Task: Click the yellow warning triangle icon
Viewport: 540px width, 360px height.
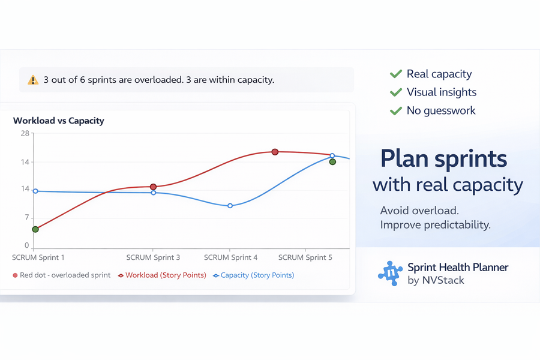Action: point(32,80)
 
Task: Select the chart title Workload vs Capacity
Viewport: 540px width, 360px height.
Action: point(59,121)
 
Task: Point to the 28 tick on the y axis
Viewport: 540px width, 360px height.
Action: point(25,133)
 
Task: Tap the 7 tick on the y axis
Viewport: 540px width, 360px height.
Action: point(26,217)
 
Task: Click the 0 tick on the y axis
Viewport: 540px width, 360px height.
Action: point(26,245)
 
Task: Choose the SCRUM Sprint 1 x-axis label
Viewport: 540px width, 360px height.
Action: point(38,257)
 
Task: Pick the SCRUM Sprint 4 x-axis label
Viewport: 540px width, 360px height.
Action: point(230,257)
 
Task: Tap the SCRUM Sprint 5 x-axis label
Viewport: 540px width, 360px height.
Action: point(305,257)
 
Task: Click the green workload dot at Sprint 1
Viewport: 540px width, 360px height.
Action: point(35,229)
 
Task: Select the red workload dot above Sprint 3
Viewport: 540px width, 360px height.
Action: point(153,187)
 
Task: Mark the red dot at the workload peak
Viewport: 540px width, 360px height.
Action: point(275,152)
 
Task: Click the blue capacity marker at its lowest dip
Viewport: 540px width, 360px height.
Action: point(230,206)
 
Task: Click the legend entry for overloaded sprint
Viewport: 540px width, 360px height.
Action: point(62,275)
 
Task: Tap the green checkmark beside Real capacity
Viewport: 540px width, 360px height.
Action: point(395,74)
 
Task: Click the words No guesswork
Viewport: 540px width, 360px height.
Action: point(441,110)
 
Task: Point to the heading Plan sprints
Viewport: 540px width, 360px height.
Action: point(443,159)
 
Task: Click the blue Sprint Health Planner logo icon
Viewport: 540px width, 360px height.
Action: point(389,274)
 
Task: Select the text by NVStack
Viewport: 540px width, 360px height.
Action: point(436,280)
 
